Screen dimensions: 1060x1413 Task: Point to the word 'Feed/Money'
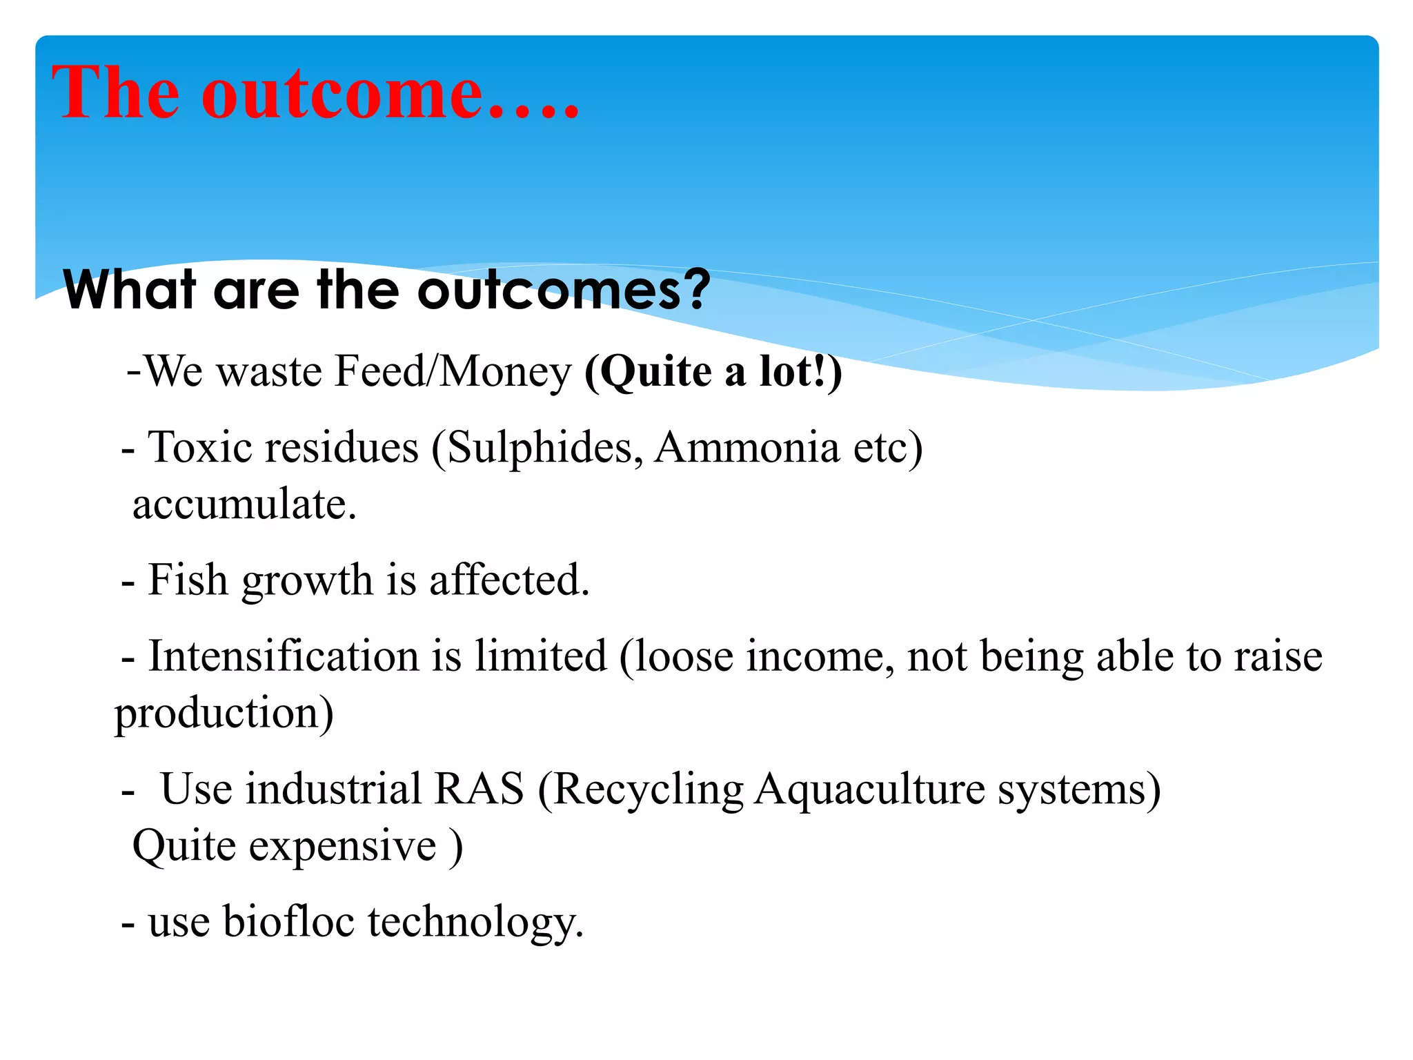453,372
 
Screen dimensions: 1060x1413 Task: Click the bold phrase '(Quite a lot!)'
713,372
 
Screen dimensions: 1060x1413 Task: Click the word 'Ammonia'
747,447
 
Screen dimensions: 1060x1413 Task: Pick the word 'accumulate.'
244,504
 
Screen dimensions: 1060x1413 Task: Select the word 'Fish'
188,580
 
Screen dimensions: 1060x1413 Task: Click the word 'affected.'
509,580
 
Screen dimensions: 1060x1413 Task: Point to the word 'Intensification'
284,656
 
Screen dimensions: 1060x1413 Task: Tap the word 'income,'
820,656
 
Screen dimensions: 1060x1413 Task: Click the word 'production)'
224,714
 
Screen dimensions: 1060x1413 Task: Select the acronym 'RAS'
479,789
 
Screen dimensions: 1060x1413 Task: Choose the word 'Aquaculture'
869,789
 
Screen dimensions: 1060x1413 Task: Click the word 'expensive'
342,846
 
